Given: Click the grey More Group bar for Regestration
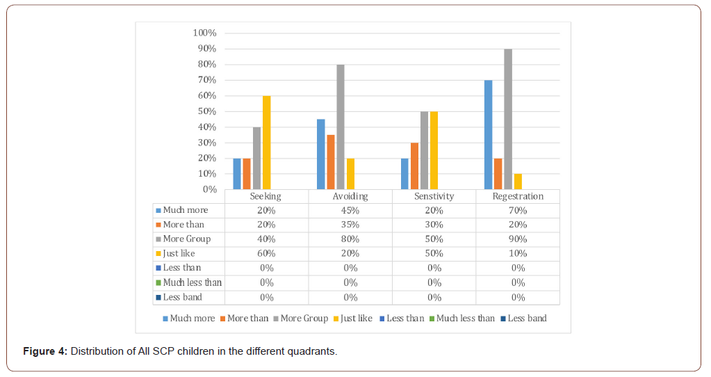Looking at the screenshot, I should point(508,119).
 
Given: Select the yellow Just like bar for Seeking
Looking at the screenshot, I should point(266,143).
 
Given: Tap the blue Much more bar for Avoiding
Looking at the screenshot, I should point(320,154).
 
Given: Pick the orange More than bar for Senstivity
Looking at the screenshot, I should point(414,166).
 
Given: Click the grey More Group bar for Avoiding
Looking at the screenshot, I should point(341,127).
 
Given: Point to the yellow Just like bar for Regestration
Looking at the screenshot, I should point(518,182).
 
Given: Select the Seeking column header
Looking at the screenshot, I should point(266,196).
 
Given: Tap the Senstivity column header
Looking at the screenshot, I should point(434,196).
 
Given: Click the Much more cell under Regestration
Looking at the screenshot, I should point(517,210).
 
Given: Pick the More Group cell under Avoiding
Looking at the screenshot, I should point(350,239).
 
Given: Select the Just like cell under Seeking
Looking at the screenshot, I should point(266,253).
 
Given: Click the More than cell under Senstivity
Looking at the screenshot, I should point(434,225).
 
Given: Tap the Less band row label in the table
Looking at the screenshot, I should point(183,297).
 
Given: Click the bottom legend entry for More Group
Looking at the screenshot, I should point(304,319).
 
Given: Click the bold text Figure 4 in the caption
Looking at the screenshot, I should point(44,351).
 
